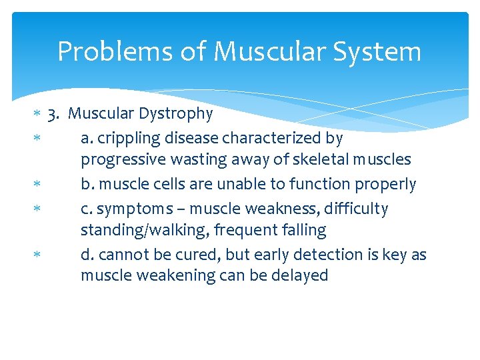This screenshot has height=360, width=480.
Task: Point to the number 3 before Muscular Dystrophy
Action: [x=53, y=114]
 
